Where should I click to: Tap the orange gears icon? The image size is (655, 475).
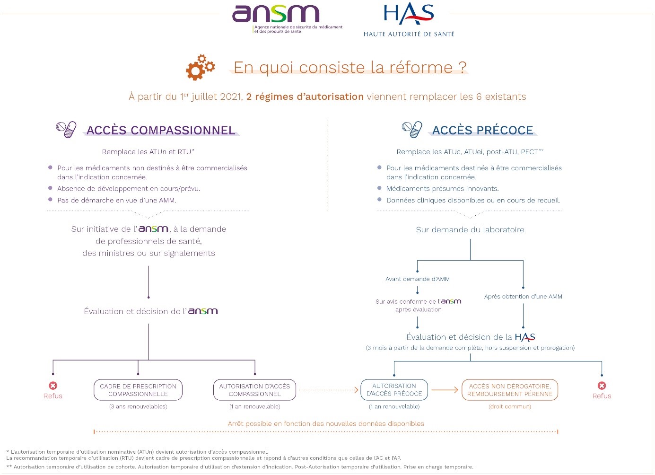tap(200, 67)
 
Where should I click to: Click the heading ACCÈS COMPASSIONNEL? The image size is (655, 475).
tap(161, 131)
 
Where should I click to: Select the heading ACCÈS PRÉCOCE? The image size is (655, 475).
tap(482, 131)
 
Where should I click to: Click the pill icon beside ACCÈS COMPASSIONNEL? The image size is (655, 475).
tap(66, 129)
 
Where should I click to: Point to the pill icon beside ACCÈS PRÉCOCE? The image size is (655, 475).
tap(412, 129)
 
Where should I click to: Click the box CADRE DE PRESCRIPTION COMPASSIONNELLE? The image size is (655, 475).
tap(138, 390)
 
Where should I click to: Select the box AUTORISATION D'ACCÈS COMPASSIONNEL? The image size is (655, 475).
tap(254, 390)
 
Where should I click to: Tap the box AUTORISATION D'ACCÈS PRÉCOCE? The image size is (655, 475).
tap(394, 390)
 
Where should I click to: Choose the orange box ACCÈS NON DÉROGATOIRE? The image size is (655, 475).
tap(510, 390)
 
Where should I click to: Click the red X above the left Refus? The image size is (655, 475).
tap(53, 386)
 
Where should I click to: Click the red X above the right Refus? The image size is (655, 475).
tap(602, 386)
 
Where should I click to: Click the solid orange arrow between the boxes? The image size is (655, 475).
tap(445, 390)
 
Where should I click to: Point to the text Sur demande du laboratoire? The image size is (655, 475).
tap(470, 230)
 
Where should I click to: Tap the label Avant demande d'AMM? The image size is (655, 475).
tap(417, 279)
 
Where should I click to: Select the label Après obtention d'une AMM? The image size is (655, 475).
tap(523, 297)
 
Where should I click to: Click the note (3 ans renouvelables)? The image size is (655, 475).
tap(138, 406)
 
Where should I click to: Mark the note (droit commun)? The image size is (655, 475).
tap(510, 406)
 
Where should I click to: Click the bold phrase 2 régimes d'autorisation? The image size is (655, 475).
tap(305, 97)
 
